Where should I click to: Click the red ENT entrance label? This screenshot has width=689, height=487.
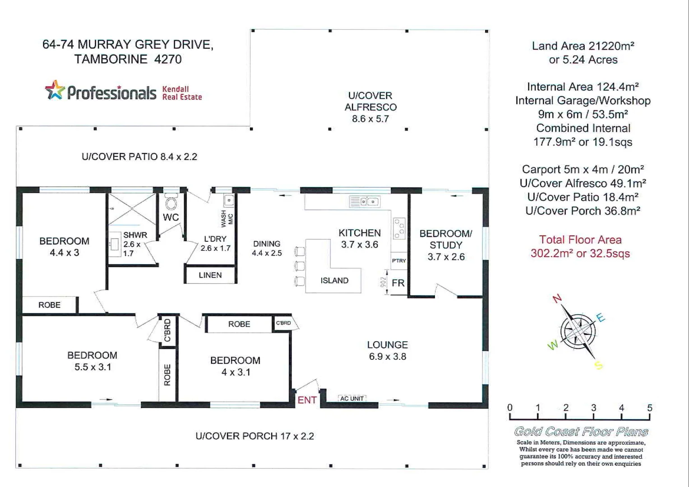pos(307,400)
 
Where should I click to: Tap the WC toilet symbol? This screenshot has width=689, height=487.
pos(171,203)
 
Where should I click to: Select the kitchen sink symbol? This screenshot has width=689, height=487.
pos(365,202)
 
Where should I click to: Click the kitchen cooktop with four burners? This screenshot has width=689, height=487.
pos(399,228)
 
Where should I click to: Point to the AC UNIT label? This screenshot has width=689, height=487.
pos(351,399)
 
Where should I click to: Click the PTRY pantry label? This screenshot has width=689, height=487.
pos(399,261)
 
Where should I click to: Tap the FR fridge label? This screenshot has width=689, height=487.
pos(398,283)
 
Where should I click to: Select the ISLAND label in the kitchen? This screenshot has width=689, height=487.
pos(334,280)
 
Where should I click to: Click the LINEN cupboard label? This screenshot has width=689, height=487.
pos(210,275)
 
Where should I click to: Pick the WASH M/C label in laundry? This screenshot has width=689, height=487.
pos(227,218)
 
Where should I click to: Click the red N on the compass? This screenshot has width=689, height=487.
pos(557,299)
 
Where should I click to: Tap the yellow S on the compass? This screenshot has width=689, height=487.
pos(599,365)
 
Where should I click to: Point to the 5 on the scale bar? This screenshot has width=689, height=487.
pos(649,408)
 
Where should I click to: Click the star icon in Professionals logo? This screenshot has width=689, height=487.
pos(55,90)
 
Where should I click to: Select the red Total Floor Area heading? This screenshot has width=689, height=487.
pos(580,240)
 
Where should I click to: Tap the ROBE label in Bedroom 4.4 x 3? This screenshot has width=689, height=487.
pos(49,305)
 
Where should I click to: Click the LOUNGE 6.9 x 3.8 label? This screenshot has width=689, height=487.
pos(387,351)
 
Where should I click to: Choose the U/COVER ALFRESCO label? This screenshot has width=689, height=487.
pos(370,101)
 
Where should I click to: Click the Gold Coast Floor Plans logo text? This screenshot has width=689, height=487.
pos(581,432)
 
